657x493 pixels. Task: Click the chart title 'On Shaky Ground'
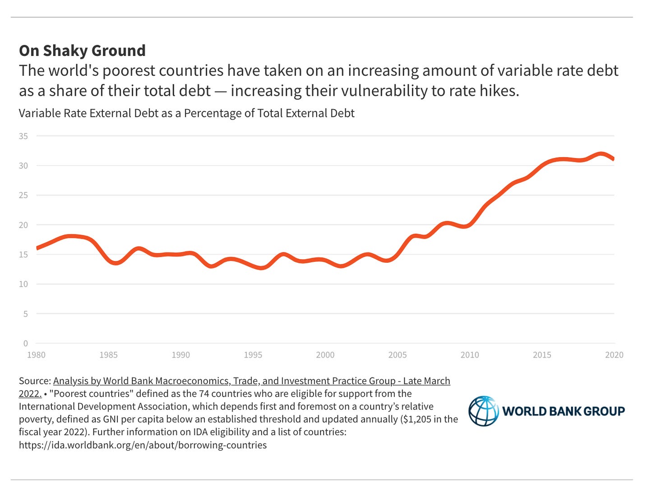pos(82,51)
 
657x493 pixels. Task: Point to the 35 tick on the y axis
pos(23,136)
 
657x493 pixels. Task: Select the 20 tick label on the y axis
pos(23,225)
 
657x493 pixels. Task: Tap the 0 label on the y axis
pos(26,344)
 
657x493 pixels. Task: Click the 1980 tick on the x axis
pos(36,355)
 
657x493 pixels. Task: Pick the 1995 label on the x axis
pos(253,355)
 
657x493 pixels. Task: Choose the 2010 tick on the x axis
pos(469,355)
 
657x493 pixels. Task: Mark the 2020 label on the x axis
pos(614,355)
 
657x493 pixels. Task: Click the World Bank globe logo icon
pos(483,411)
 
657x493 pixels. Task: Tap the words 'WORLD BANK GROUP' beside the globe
pos(564,411)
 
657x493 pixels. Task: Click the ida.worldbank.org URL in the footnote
pos(143,445)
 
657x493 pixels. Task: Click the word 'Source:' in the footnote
pos(34,381)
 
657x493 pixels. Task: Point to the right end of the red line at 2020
pos(613,158)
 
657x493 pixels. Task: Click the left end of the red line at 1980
pos(37,247)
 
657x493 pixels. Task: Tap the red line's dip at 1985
pos(115,263)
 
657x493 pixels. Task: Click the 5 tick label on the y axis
pos(26,314)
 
